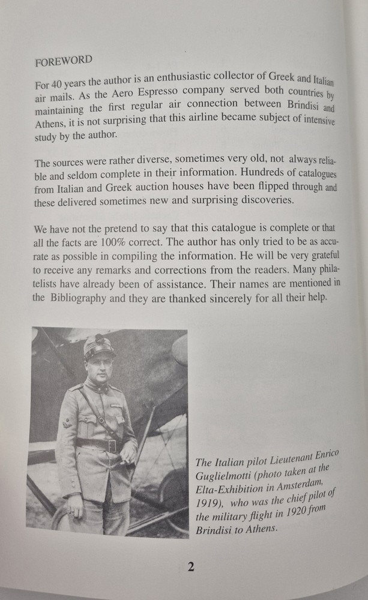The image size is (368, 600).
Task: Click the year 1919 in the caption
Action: [209, 503]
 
